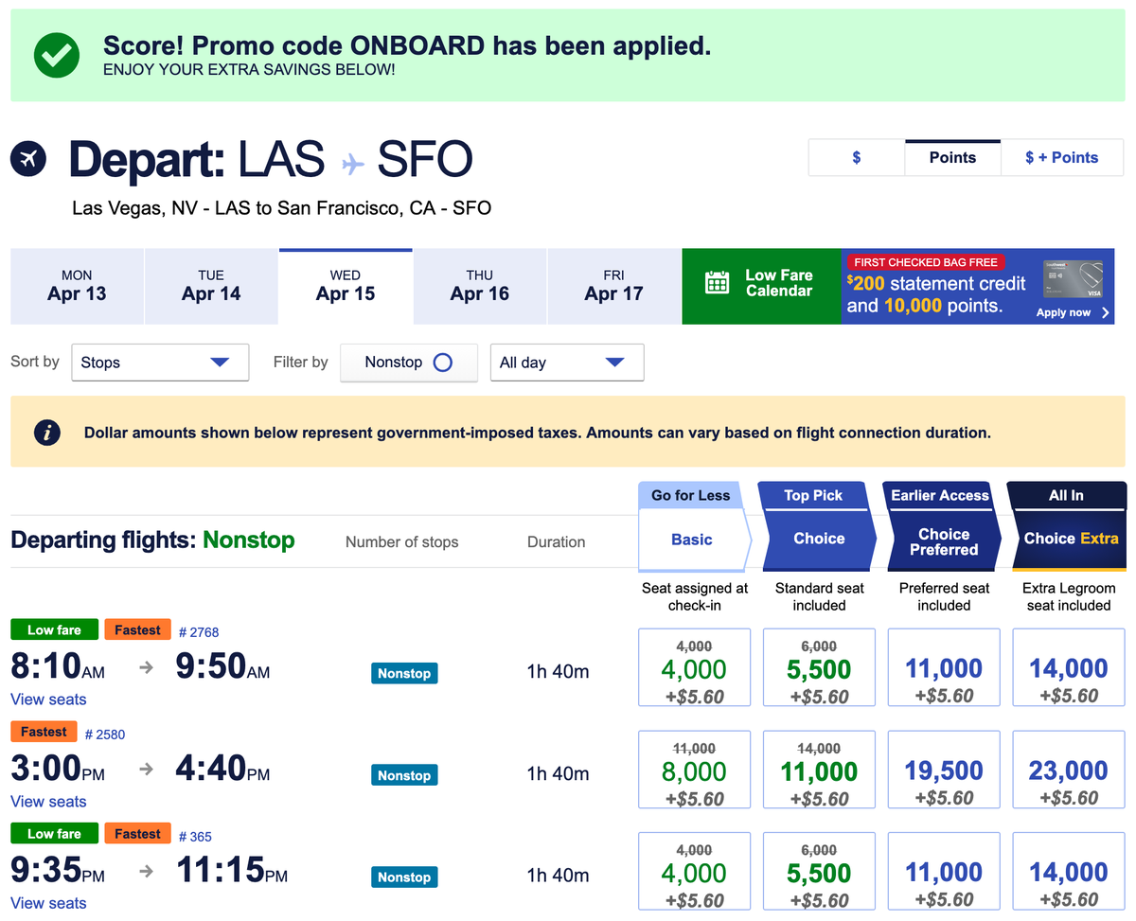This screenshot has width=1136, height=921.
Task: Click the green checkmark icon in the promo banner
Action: coord(57,55)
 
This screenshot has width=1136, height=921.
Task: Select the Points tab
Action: coord(952,158)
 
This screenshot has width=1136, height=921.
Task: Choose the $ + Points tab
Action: coord(1061,158)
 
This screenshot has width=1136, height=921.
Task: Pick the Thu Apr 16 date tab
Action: coord(479,286)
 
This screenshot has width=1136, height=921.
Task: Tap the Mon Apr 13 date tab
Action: coord(77,286)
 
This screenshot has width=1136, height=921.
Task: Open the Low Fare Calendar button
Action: coord(761,286)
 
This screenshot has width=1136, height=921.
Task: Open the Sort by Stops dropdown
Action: coord(160,363)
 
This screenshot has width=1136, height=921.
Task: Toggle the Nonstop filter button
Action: coord(408,363)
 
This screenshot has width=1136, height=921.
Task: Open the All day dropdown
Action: coord(566,363)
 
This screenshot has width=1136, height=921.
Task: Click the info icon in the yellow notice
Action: coord(47,433)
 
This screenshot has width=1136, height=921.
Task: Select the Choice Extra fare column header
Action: coord(1070,539)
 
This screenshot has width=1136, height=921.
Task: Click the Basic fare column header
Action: coord(692,540)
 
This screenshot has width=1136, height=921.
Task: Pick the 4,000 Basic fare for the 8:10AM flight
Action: coord(694,668)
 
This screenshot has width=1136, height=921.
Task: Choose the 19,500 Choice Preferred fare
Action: coord(944,770)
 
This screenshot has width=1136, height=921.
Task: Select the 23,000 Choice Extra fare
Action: coord(1069,770)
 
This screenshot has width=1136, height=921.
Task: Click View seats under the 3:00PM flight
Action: coord(48,802)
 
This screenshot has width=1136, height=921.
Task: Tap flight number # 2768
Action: coord(199,632)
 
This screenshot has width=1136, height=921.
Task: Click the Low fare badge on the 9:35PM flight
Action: coord(54,834)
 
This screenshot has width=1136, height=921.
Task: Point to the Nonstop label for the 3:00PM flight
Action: coord(404,775)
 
